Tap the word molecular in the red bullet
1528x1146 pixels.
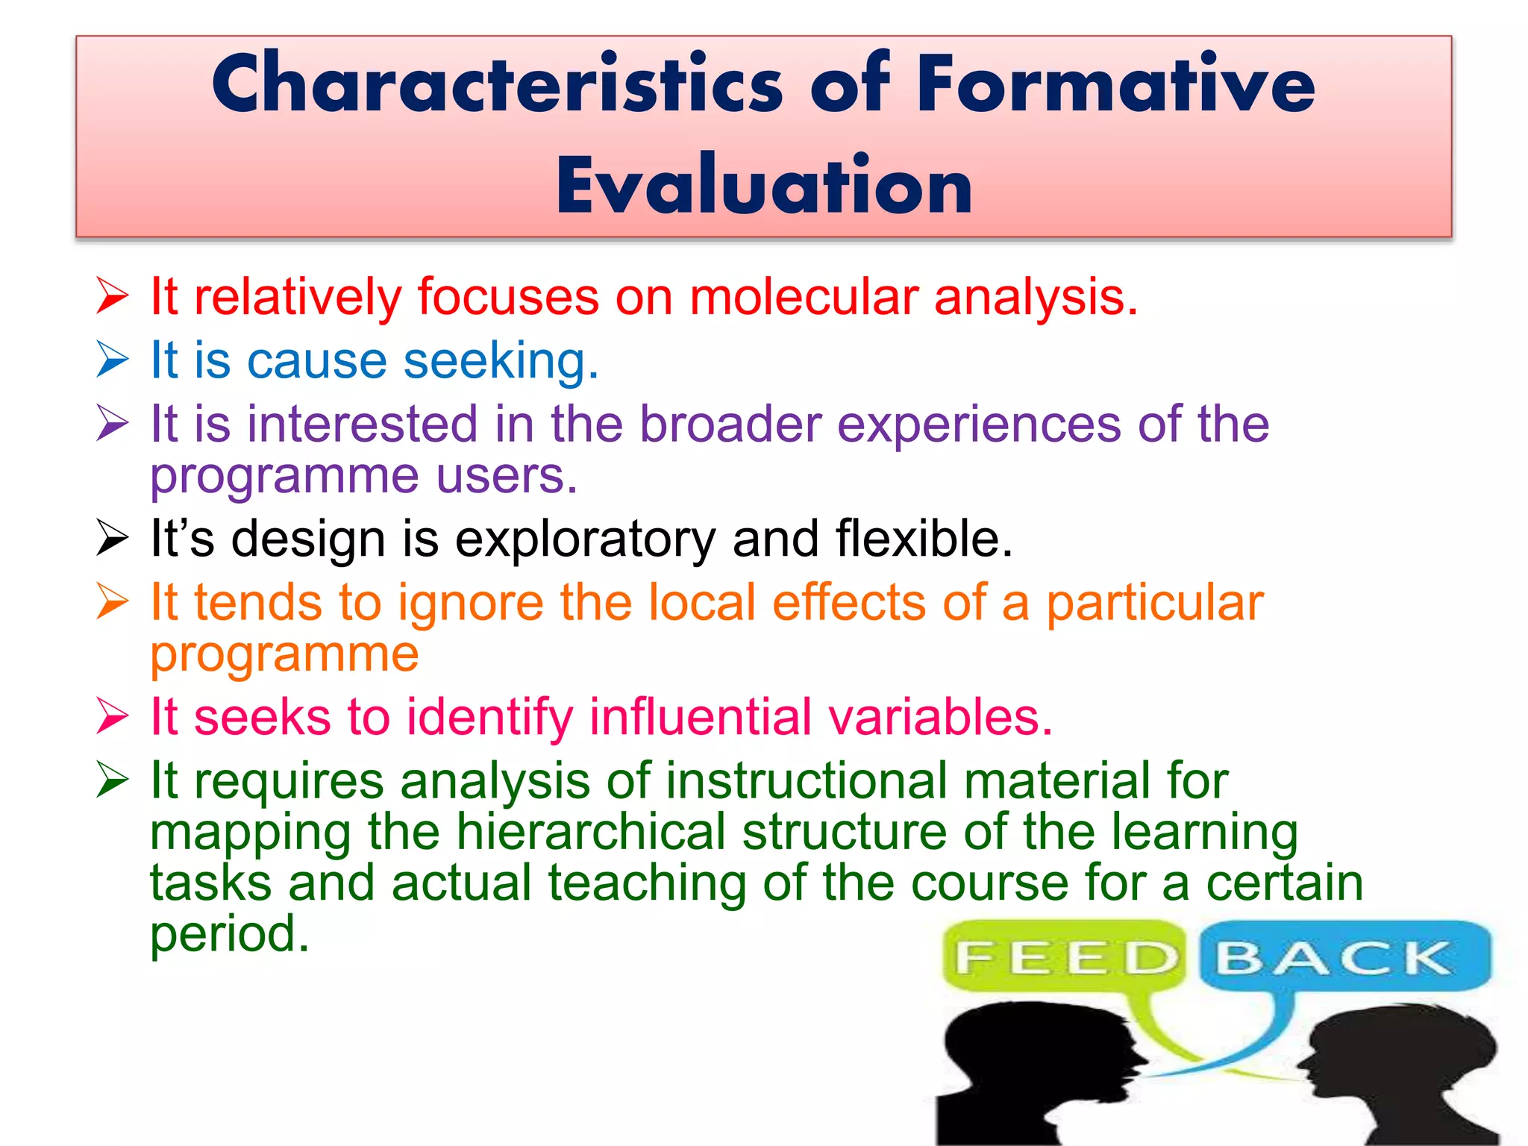point(804,297)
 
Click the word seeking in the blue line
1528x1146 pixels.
point(500,360)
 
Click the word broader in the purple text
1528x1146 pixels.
point(730,424)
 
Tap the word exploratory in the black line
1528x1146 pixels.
point(585,539)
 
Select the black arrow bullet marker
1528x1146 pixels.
point(113,538)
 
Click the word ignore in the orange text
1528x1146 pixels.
point(471,602)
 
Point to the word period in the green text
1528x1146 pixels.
point(228,934)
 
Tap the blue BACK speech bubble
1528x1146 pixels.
point(1343,957)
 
